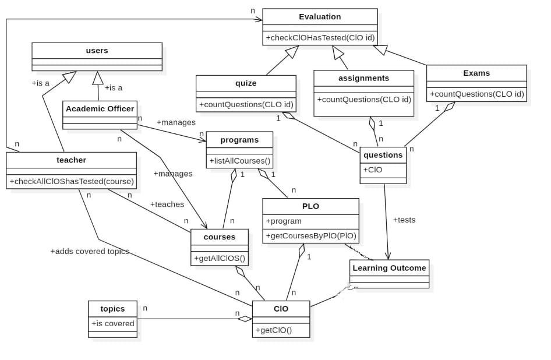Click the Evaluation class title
(320, 16)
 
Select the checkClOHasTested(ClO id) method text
(320, 38)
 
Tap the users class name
(97, 51)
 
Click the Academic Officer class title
(100, 108)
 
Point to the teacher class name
(71, 160)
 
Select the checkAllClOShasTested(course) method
(71, 181)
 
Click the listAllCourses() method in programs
(239, 160)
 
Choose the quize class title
(245, 83)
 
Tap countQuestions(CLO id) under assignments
(363, 99)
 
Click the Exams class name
(476, 73)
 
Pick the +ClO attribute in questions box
(373, 170)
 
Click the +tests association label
(404, 220)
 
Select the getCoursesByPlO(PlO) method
(310, 236)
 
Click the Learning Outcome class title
(389, 268)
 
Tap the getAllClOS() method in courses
(219, 259)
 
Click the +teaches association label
(167, 204)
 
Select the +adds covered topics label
(89, 251)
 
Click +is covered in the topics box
(112, 323)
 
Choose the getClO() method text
(273, 330)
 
